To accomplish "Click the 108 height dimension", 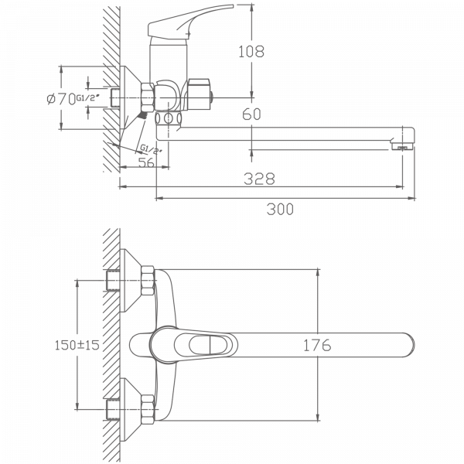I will click(x=252, y=52).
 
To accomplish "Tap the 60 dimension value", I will click(x=251, y=114).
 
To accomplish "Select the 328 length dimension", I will click(x=259, y=179).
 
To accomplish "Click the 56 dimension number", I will click(x=145, y=162).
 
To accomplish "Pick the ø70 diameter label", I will click(x=61, y=99).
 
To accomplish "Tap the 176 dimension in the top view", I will click(x=316, y=346).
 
